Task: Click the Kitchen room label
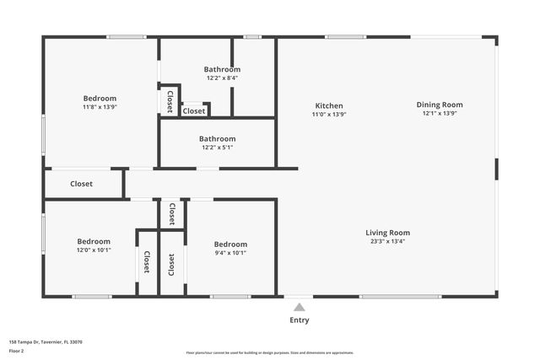pos(329,105)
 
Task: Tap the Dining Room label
pos(440,105)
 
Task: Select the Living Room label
pos(387,233)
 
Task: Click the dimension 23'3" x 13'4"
pos(387,242)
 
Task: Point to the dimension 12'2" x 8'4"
pos(221,78)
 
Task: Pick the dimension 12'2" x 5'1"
pos(217,148)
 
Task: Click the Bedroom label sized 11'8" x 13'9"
pos(100,99)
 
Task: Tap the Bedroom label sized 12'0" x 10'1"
pos(94,241)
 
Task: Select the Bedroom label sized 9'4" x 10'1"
pos(230,244)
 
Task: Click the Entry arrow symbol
pos(299,307)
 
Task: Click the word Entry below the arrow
pos(299,320)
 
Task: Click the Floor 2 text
pos(16,350)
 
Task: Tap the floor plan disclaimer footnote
pos(269,353)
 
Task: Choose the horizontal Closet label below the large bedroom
pos(82,184)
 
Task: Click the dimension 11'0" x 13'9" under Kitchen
pos(329,115)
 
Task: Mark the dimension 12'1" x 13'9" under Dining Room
pos(440,115)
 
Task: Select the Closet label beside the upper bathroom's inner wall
pos(194,111)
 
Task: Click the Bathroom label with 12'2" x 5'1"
pos(217,138)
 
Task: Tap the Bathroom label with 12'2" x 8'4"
pos(221,69)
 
